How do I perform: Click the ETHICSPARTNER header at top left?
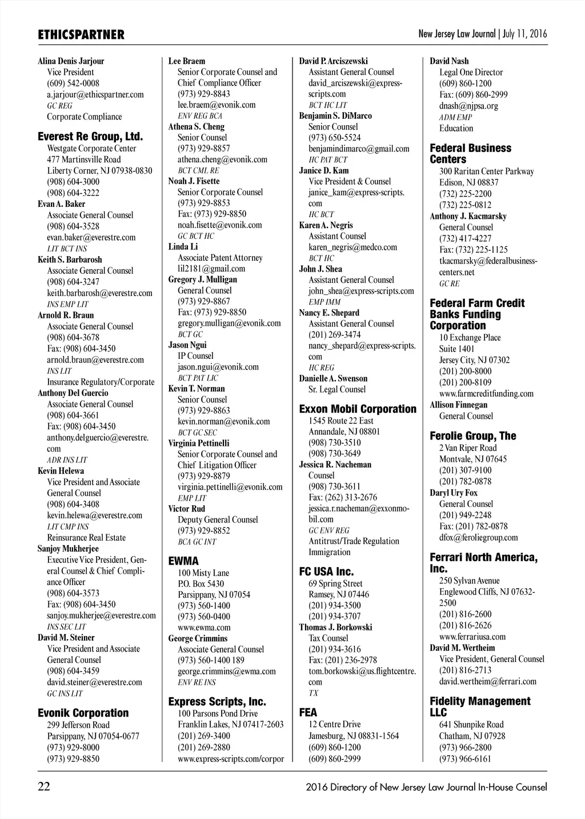point(81,35)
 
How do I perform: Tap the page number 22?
point(44,787)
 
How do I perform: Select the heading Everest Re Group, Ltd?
point(90,137)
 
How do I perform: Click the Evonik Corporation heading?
point(83,713)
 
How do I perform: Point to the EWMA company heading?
point(183,561)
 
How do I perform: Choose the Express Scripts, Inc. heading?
point(217,701)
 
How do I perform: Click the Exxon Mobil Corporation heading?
point(358,409)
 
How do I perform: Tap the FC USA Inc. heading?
point(326,572)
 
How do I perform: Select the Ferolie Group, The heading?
point(472,436)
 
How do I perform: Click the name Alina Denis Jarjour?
point(71,61)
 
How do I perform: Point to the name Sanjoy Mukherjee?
point(68,549)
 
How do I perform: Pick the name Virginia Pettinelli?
point(199,443)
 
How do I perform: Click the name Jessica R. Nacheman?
point(335,465)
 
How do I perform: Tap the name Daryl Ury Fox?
point(454,493)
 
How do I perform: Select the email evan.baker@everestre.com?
point(91,237)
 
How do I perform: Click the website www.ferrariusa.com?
point(472,637)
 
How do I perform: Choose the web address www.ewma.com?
point(204,628)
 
